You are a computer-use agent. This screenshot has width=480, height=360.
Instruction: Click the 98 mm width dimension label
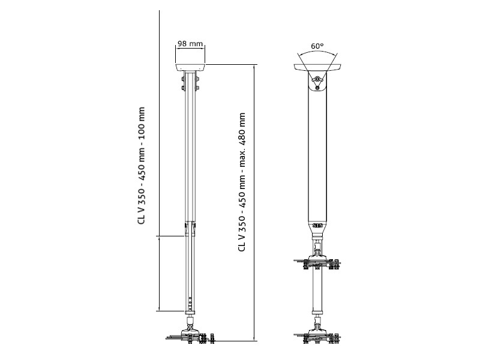pos(191,44)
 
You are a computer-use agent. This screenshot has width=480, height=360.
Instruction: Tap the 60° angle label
pos(317,46)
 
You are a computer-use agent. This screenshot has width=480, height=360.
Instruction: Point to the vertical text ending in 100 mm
pos(142,165)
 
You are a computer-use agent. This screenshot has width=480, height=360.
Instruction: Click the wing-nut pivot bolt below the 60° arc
pos(317,80)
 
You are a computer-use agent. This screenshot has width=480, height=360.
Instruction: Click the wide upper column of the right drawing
pos(317,156)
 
